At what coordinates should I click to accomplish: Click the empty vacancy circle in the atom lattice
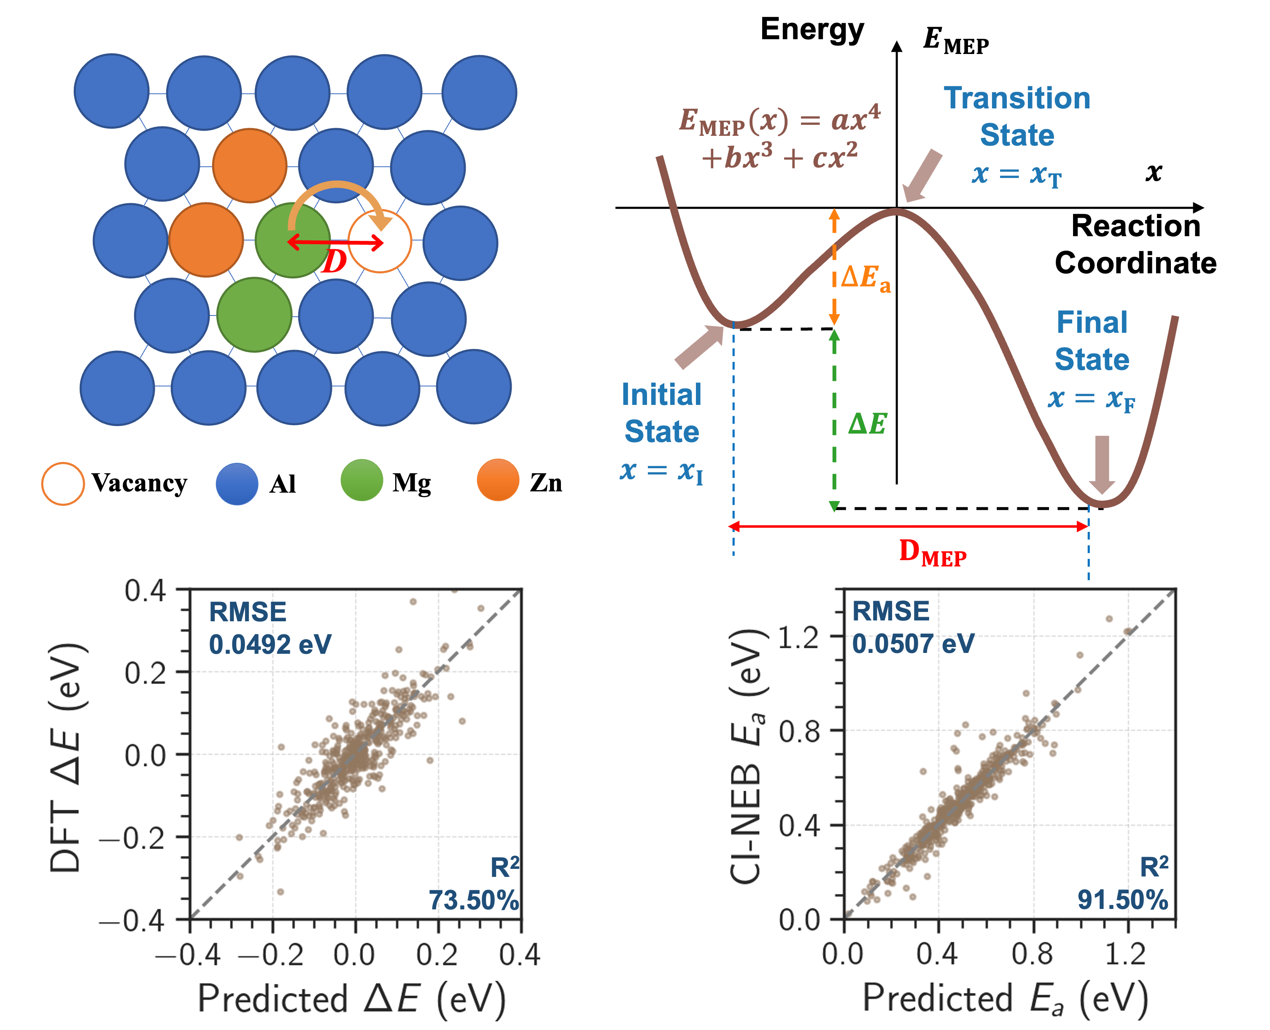coord(380,242)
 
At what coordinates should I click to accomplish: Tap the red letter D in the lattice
coord(334,261)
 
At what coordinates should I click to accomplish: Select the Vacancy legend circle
coord(62,483)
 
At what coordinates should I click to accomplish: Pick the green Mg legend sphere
coord(361,480)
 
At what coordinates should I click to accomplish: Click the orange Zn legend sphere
coord(498,480)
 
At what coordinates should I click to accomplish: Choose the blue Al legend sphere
coord(237,483)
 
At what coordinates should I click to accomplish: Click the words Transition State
coord(1017,116)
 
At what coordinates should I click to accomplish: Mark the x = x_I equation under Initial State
coord(661,472)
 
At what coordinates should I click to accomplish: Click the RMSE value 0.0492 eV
coord(270,644)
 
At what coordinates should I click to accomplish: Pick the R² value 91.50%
coord(1123,900)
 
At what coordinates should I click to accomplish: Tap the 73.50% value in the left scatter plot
coord(473,900)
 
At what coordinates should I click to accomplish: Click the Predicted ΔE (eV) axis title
coord(351,998)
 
